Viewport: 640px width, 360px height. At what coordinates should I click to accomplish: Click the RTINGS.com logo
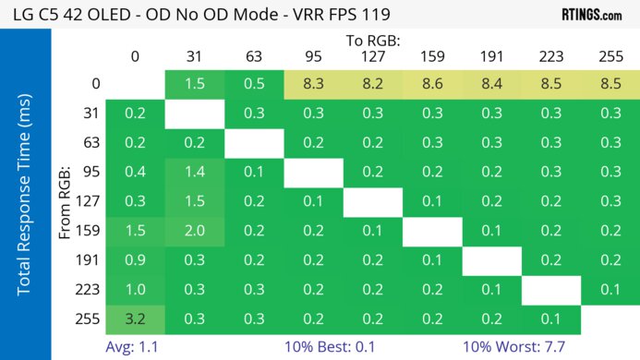[x=591, y=15]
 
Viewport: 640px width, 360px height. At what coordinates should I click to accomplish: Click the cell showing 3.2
[x=135, y=320]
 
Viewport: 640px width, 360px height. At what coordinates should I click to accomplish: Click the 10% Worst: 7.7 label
[x=520, y=347]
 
